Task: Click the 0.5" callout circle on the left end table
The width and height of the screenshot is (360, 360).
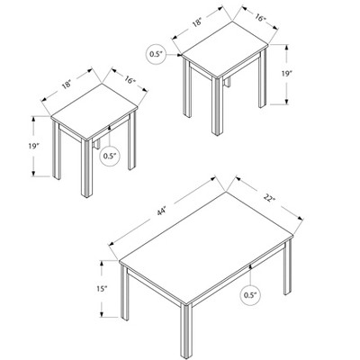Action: pyautogui.click(x=110, y=156)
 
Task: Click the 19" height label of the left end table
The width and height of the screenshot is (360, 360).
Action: pyautogui.click(x=17, y=147)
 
